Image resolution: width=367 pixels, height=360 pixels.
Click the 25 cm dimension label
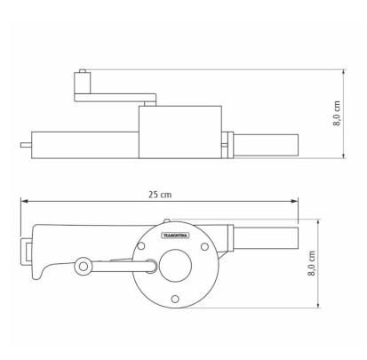click(160, 195)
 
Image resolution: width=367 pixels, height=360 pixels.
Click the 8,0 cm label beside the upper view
click(337, 113)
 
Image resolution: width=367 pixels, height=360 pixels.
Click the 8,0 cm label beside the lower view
click(311, 263)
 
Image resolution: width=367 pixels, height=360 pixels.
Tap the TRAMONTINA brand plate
click(175, 236)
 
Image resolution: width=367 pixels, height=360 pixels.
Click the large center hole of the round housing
click(175, 266)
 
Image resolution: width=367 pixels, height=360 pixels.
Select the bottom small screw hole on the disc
click(175, 299)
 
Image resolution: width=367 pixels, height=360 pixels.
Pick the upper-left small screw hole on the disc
click(141, 246)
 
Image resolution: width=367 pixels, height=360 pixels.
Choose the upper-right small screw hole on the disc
click(204, 246)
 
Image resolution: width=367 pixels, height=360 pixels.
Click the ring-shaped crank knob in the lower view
click(84, 266)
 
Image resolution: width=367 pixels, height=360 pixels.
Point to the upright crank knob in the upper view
click(82, 83)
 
